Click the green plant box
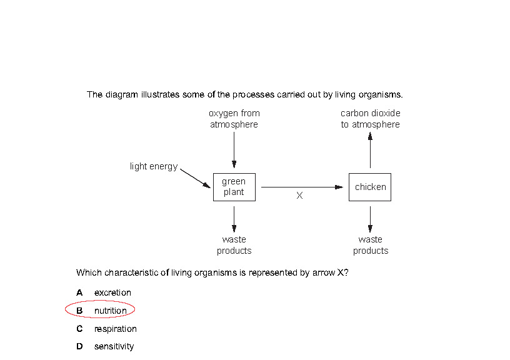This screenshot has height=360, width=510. pyautogui.click(x=234, y=187)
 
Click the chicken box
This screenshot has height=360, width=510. pyautogui.click(x=370, y=187)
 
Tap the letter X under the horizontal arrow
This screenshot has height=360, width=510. pyautogui.click(x=299, y=196)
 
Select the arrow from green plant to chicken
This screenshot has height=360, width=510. pyautogui.click(x=302, y=187)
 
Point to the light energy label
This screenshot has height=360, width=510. pyautogui.click(x=154, y=166)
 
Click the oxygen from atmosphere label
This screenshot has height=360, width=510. pyautogui.click(x=234, y=119)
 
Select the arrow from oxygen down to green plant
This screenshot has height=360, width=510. pyautogui.click(x=234, y=149)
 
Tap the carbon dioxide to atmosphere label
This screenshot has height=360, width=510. pyautogui.click(x=370, y=119)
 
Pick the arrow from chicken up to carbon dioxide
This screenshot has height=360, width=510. pyautogui.click(x=370, y=149)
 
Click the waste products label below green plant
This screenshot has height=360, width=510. pyautogui.click(x=234, y=245)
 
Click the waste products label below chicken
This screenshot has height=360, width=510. pyautogui.click(x=370, y=245)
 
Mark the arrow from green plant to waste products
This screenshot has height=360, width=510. pyautogui.click(x=234, y=218)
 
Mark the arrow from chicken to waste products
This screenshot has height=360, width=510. pyautogui.click(x=370, y=218)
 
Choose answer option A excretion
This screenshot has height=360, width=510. pyautogui.click(x=112, y=292)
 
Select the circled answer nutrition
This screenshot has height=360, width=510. pyautogui.click(x=110, y=311)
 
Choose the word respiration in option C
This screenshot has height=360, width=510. pyautogui.click(x=115, y=329)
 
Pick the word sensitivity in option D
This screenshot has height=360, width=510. pyautogui.click(x=114, y=346)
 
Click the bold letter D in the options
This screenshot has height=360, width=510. pyautogui.click(x=79, y=346)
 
